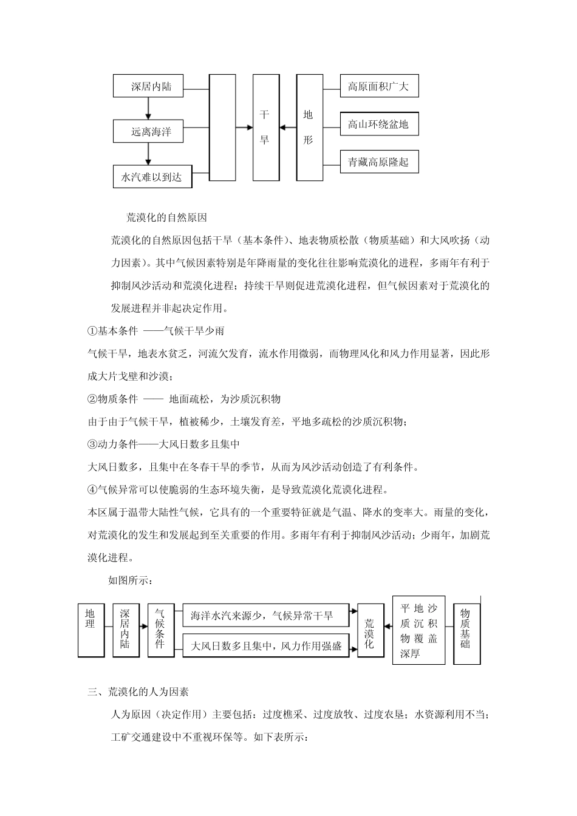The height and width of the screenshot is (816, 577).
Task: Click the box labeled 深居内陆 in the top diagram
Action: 151,86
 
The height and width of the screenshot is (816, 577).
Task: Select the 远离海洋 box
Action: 151,131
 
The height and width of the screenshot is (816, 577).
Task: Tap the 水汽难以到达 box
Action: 151,177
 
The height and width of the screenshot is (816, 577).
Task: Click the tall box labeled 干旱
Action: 265,127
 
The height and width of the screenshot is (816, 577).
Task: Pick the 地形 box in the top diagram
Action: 309,127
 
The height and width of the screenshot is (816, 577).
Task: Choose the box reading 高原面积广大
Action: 379,86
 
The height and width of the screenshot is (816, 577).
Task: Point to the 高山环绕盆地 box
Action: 379,125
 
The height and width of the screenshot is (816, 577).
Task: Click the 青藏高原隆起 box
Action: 379,162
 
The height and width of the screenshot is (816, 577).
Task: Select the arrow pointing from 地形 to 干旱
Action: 288,127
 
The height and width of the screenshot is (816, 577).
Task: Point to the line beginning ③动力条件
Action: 164,444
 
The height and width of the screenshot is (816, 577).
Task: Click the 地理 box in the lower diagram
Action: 91,630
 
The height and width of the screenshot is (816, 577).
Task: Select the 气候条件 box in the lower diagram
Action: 160,630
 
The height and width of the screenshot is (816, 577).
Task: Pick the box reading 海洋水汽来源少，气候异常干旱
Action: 266,616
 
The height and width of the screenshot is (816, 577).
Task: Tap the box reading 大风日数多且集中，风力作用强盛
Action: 266,646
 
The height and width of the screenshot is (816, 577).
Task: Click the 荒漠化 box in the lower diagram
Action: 370,630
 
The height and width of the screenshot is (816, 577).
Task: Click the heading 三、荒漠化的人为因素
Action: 138,692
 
